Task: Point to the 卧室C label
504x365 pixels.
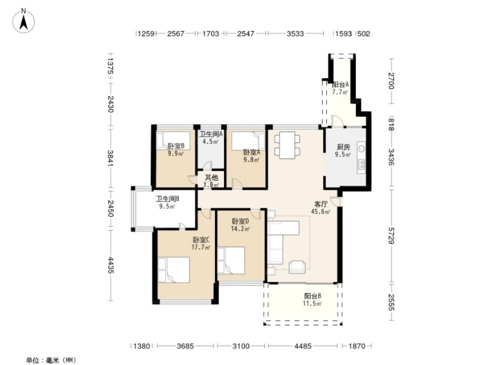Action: (x=201, y=239)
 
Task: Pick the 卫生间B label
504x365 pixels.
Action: (x=167, y=200)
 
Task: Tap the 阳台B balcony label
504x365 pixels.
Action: (x=312, y=296)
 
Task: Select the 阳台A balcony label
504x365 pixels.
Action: (x=340, y=85)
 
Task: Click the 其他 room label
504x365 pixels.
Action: (x=211, y=178)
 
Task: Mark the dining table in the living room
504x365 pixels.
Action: (x=287, y=145)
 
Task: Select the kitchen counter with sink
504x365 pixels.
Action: (x=361, y=157)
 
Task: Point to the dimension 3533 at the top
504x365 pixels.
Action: (x=295, y=34)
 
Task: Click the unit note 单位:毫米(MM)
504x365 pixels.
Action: (x=50, y=360)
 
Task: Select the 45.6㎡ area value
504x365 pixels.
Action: (x=320, y=211)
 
